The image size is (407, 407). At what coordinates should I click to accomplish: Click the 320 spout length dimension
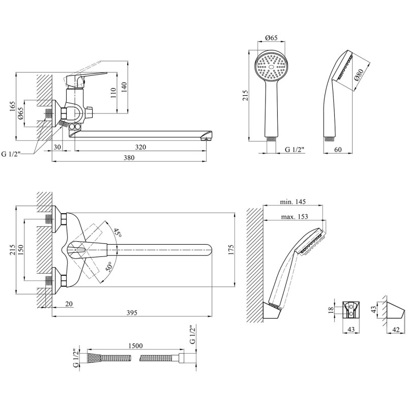point(140,147)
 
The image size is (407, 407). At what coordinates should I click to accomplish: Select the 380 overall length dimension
point(129,158)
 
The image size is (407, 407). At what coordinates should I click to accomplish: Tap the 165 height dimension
point(12,106)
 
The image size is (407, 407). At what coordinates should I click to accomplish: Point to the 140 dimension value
point(124,88)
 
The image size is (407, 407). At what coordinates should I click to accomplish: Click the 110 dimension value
point(113,93)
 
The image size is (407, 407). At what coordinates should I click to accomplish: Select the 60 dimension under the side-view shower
point(338,150)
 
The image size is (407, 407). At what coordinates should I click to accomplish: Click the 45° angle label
point(118,233)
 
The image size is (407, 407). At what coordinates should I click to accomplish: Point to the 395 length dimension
point(132,312)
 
